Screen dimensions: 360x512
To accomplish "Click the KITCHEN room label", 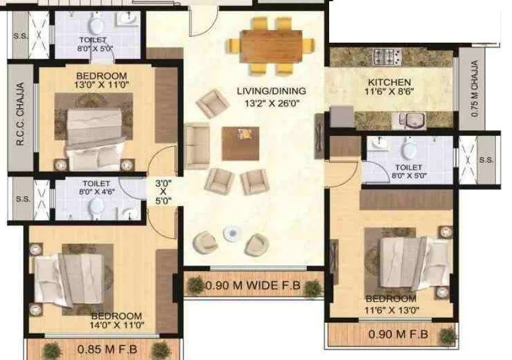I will tap(389, 82).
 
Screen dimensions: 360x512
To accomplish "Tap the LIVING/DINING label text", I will tap(271, 91).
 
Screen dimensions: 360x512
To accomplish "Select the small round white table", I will tap(231, 233).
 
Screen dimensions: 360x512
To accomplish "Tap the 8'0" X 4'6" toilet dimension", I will tap(95, 191).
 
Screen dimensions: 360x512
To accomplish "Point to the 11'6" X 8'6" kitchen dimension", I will tap(389, 93).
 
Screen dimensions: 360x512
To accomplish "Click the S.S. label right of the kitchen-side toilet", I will tap(486, 160).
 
